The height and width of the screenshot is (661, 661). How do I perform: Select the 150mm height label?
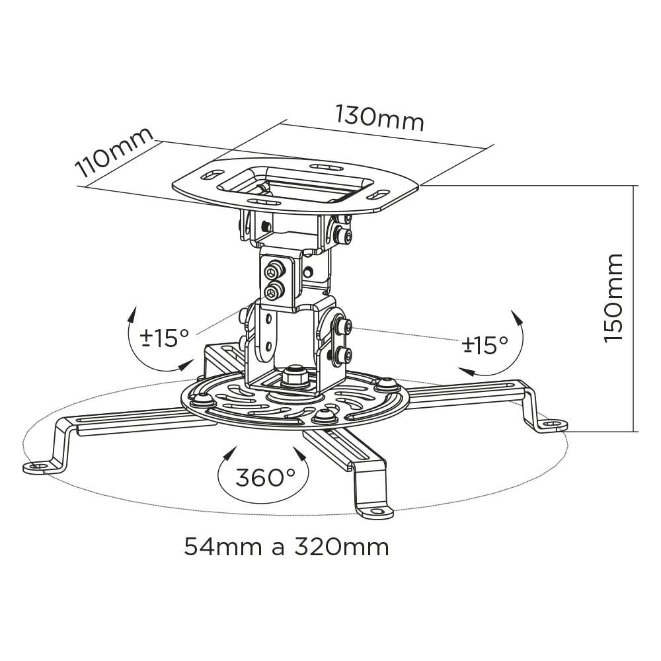pyautogui.click(x=613, y=298)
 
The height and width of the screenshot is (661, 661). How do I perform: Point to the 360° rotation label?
pyautogui.click(x=265, y=478)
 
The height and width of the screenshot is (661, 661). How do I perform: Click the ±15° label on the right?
pyautogui.click(x=485, y=344)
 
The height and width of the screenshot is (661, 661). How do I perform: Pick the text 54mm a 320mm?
pyautogui.click(x=286, y=547)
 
